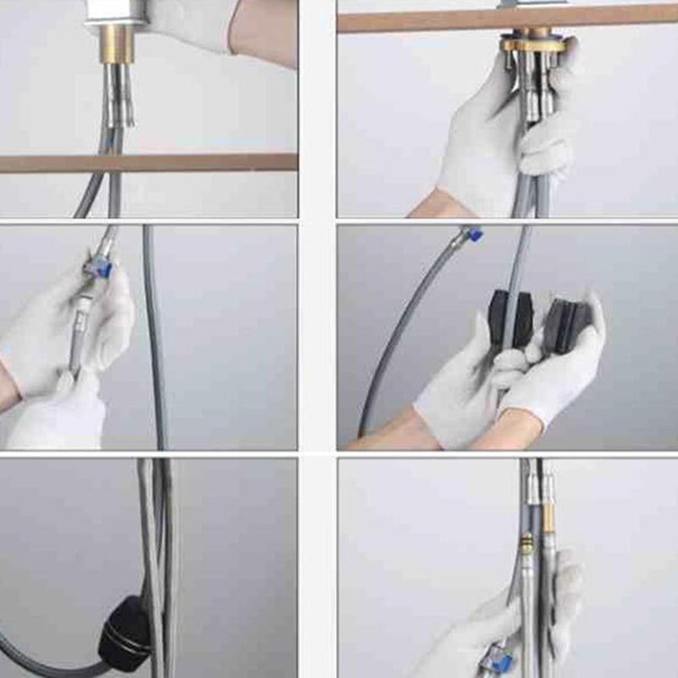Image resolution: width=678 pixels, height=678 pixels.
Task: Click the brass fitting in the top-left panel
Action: pyautogui.click(x=118, y=42)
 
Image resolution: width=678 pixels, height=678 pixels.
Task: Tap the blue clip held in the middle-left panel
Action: pyautogui.click(x=98, y=270)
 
